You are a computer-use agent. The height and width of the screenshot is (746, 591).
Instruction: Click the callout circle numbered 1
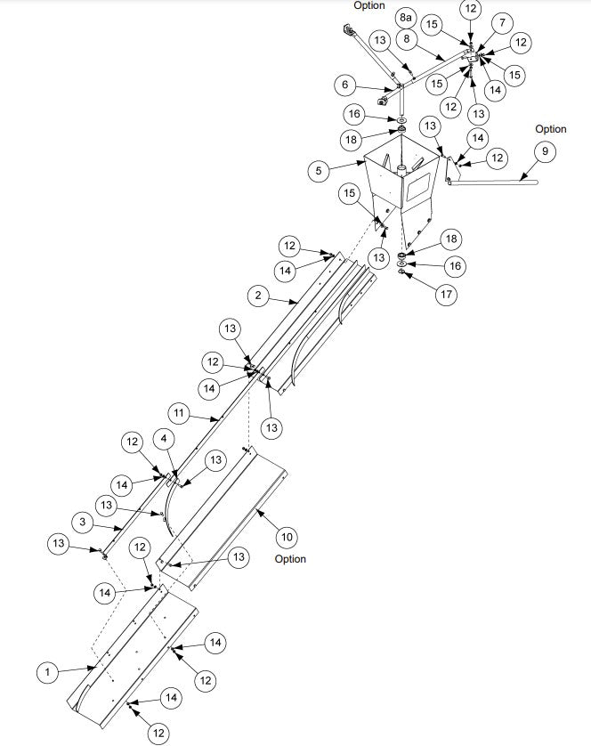click(x=47, y=672)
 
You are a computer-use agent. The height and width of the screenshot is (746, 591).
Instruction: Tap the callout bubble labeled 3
click(x=82, y=522)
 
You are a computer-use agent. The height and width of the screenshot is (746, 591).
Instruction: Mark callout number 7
click(x=503, y=21)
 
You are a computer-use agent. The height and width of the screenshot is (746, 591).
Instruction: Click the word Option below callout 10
click(x=290, y=559)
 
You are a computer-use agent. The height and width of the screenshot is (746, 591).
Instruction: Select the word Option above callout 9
click(x=551, y=130)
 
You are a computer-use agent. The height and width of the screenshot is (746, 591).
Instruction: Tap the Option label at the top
click(x=369, y=5)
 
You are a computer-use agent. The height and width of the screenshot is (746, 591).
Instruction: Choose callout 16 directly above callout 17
click(x=453, y=266)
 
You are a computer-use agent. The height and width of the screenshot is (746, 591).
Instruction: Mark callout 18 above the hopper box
click(x=352, y=140)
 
